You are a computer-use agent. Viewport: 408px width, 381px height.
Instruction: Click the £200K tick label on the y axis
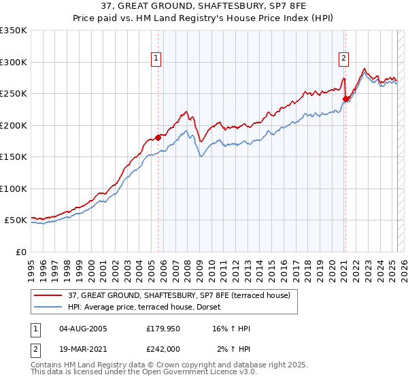click(13, 125)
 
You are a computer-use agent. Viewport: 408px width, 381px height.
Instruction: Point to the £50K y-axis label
click(15, 220)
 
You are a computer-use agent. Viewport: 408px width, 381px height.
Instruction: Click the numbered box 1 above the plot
click(157, 59)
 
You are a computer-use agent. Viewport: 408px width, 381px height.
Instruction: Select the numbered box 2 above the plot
click(344, 59)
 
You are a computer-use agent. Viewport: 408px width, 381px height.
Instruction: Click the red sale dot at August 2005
click(158, 137)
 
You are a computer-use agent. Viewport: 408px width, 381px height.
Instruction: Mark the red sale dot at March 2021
click(345, 99)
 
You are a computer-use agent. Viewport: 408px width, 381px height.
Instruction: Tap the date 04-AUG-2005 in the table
click(84, 329)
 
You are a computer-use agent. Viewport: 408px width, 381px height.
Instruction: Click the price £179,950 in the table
click(163, 329)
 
